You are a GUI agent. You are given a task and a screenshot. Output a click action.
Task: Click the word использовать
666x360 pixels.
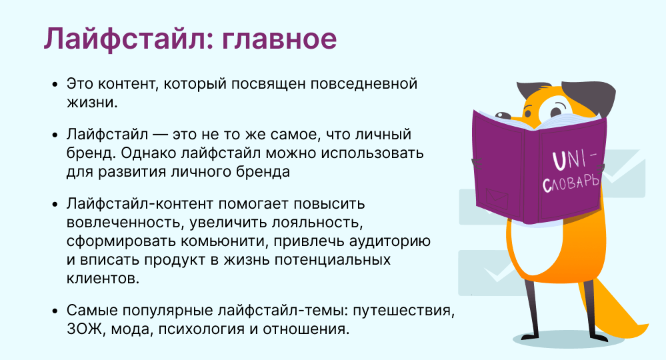click(x=372, y=153)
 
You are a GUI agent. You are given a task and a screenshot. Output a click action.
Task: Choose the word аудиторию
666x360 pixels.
click(x=390, y=241)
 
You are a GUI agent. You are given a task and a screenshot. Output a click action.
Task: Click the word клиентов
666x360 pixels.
click(x=103, y=279)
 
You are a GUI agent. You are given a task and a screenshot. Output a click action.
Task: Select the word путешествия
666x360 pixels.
click(x=404, y=310)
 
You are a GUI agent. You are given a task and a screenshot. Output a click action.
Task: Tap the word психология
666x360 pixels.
click(x=201, y=329)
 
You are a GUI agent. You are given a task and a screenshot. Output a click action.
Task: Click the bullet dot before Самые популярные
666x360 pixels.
click(x=55, y=311)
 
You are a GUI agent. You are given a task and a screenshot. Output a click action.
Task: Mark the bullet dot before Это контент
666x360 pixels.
click(x=55, y=84)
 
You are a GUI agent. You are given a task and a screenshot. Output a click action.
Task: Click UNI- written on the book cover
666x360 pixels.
click(x=574, y=159)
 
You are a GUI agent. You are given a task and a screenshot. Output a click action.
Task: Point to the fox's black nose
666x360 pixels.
click(x=503, y=115)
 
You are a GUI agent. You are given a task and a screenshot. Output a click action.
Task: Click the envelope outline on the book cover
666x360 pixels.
click(x=497, y=198)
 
